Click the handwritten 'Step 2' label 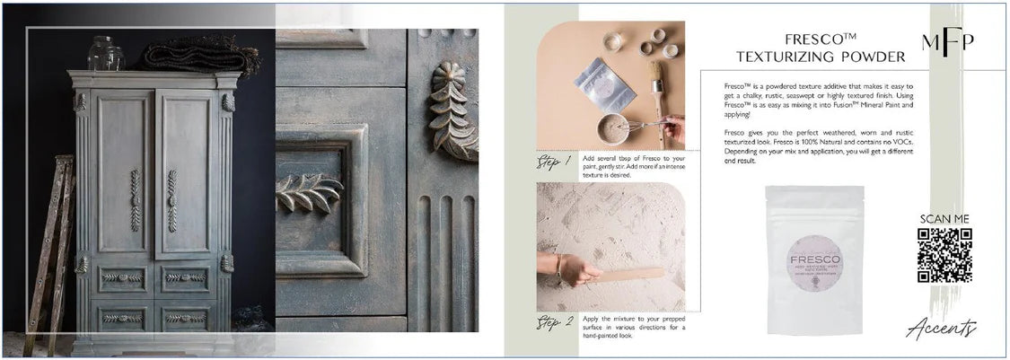556,321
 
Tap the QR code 944,255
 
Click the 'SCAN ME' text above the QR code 944,219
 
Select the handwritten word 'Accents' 942,330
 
